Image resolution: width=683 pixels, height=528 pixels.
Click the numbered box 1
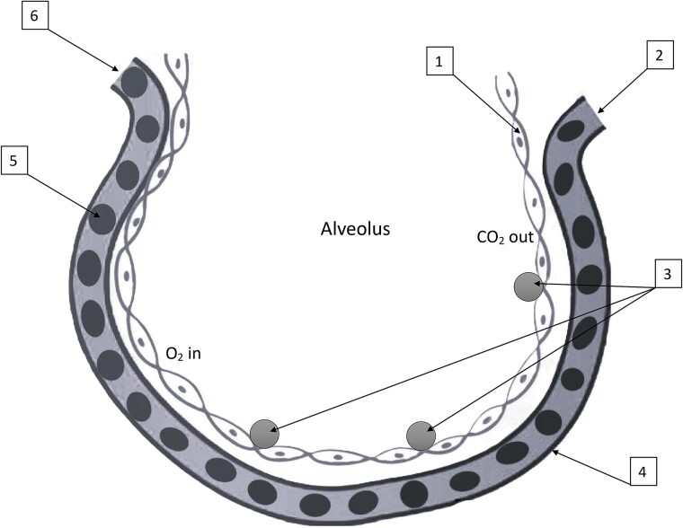pyautogui.click(x=438, y=62)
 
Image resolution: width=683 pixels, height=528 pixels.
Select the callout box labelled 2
pyautogui.click(x=659, y=55)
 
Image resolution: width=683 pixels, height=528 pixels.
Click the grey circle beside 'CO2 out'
pyautogui.click(x=528, y=287)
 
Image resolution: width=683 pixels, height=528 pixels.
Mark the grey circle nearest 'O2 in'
pyautogui.click(x=264, y=434)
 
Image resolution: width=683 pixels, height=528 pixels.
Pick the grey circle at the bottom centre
pyautogui.click(x=421, y=436)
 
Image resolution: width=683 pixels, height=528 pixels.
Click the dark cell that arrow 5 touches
pyautogui.click(x=103, y=218)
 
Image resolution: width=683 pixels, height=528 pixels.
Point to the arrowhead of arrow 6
pyautogui.click(x=117, y=68)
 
